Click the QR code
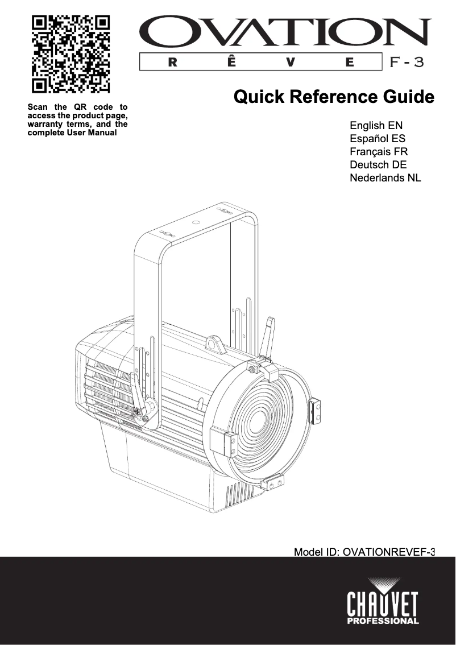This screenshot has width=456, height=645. (71, 54)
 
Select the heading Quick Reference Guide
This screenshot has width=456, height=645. (334, 97)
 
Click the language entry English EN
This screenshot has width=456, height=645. (376, 125)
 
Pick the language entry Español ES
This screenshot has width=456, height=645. (378, 138)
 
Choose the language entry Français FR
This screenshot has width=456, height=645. (379, 152)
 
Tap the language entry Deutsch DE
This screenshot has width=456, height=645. (378, 165)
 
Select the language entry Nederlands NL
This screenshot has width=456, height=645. (385, 178)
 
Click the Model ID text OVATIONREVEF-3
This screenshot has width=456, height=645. (364, 552)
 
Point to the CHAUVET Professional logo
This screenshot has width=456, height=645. (383, 602)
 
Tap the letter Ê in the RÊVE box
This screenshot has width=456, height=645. (229, 63)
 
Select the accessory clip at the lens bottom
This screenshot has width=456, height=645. (274, 483)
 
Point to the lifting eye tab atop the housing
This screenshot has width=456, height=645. (214, 344)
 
